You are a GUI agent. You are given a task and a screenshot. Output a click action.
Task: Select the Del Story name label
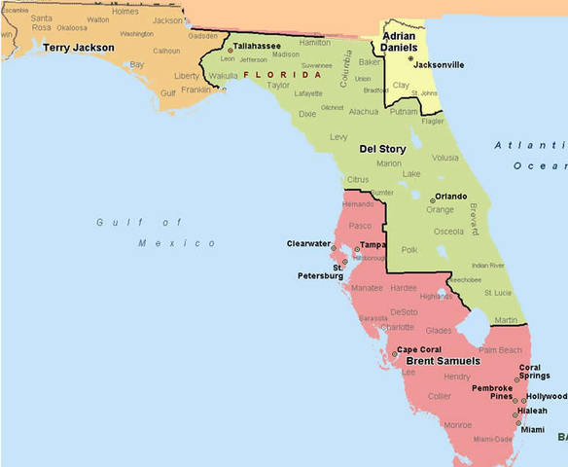coord(382,149)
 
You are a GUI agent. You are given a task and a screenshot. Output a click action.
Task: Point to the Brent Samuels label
coord(443,361)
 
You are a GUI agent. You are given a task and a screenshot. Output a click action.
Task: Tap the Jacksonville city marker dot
coord(411,58)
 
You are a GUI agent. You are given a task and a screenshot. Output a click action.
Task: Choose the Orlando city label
coord(450,196)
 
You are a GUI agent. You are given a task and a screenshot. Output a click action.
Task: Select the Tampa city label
coord(373,245)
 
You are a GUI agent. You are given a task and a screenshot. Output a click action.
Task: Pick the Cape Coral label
coord(420,349)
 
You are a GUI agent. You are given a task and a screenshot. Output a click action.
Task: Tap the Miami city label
coord(532,429)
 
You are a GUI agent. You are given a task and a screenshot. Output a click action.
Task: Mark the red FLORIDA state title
coord(282,74)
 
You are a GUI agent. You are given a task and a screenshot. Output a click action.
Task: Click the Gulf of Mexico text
coord(156,233)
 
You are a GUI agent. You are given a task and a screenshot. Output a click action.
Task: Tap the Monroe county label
coord(457,424)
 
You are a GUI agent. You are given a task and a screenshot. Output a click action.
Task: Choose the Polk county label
coord(408,250)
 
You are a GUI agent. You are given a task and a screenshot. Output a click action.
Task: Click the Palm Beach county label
coord(501,349)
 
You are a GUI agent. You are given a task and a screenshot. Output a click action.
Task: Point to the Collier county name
coord(440,396)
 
